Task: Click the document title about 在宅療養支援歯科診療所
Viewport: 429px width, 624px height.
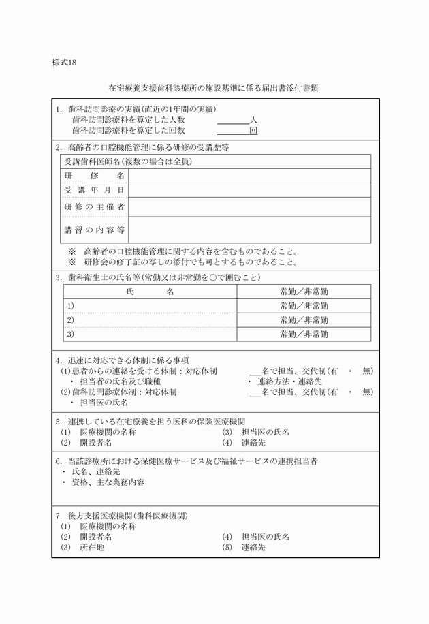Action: pos(214,89)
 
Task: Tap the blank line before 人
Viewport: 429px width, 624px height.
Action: pos(233,121)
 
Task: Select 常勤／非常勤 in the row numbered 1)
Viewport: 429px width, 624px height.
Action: pos(304,306)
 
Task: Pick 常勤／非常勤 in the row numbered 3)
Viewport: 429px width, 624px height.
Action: pos(304,334)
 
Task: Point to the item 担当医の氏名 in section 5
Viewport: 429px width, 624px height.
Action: pos(265,433)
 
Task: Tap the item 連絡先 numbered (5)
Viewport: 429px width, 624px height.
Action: pos(253,547)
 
